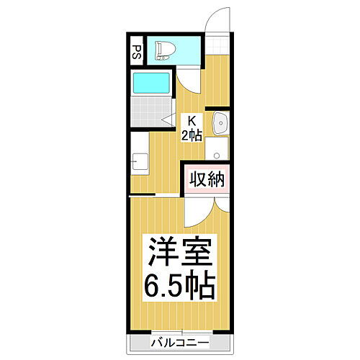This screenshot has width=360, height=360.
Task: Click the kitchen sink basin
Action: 220,122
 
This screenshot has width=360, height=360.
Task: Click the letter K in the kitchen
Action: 192,120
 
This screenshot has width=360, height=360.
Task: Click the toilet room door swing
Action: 186,79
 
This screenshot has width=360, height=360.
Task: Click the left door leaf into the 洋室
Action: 192,210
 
